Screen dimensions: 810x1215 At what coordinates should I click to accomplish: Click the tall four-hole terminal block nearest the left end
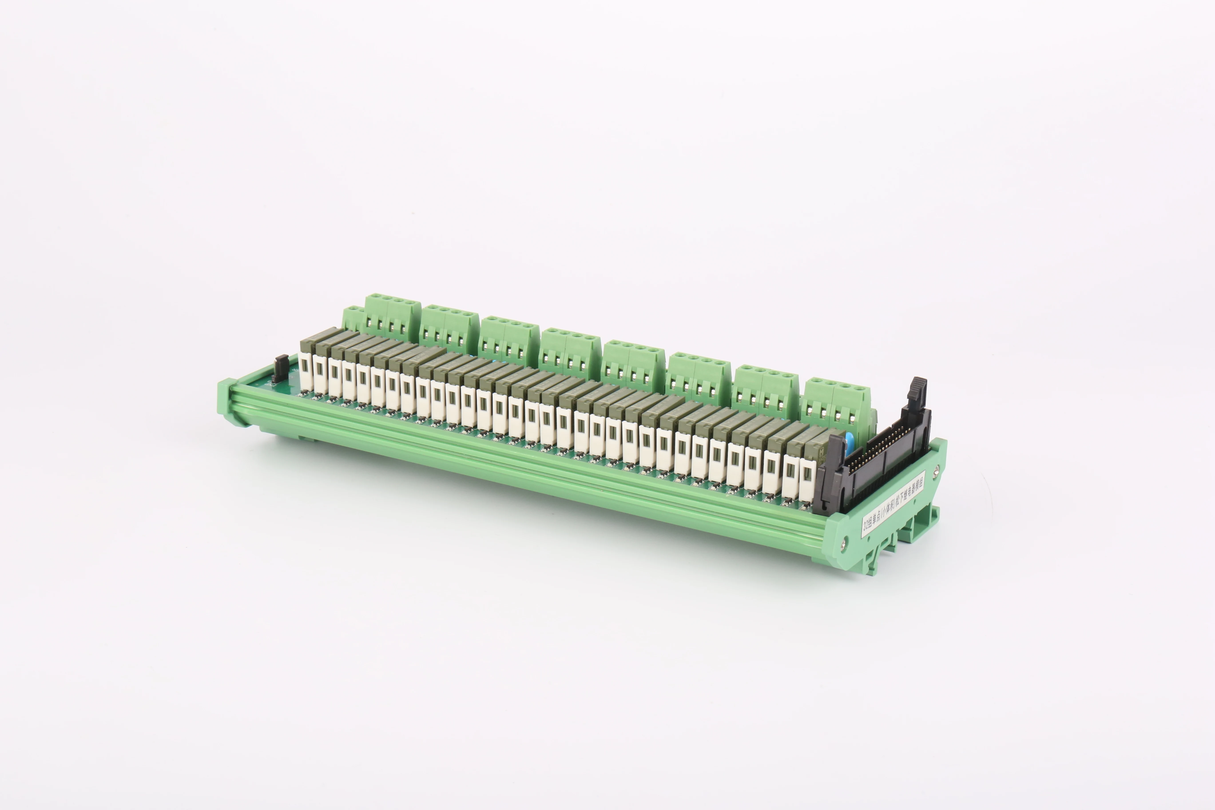click(393, 315)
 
